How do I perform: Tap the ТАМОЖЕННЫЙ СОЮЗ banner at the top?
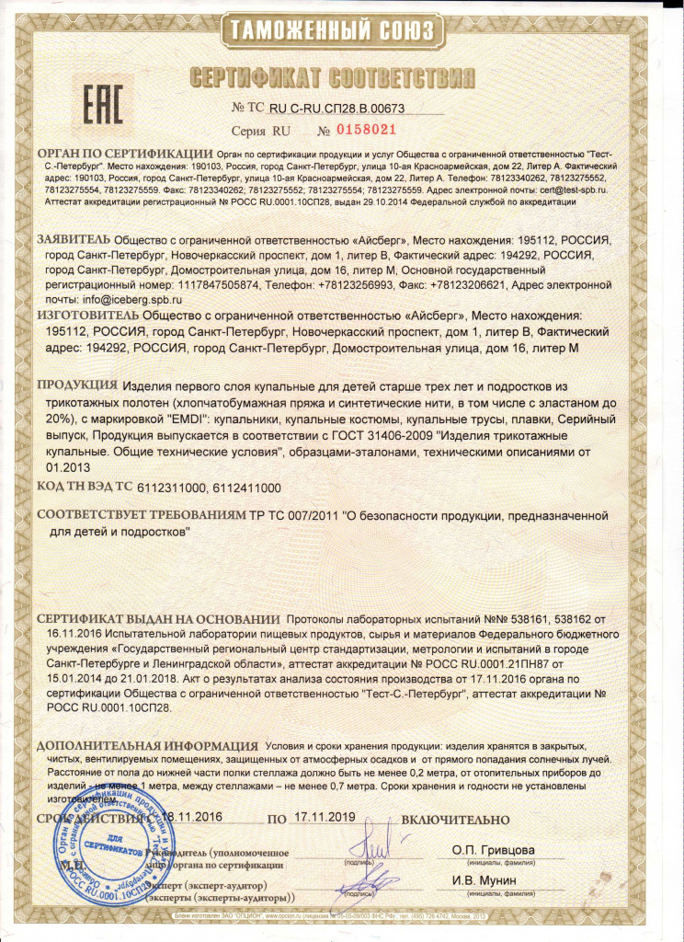click(342, 31)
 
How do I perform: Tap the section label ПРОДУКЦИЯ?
click(77, 385)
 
